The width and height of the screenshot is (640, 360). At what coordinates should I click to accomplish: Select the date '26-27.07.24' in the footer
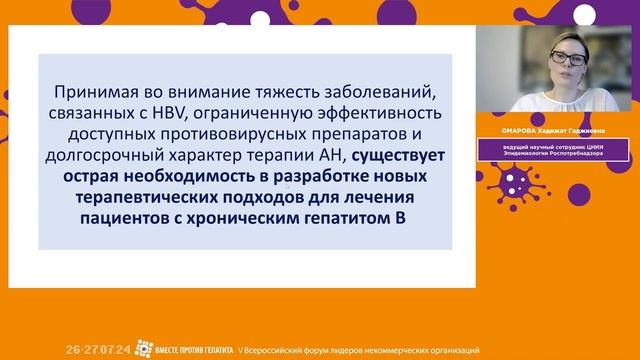coord(99,350)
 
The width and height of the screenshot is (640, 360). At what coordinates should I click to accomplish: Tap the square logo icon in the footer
coord(144,349)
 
